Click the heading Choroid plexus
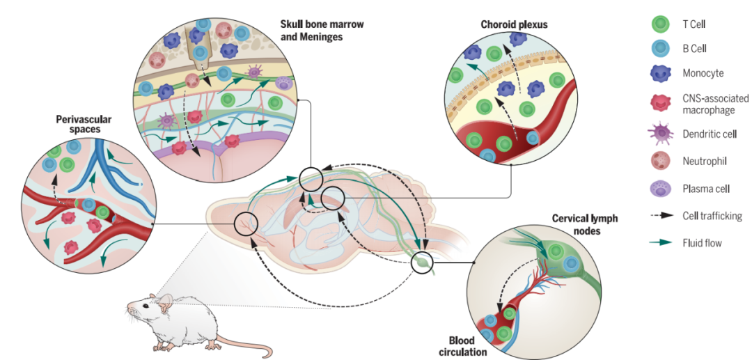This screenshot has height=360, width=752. pos(514,24)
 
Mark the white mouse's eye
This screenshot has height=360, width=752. pos(148,304)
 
